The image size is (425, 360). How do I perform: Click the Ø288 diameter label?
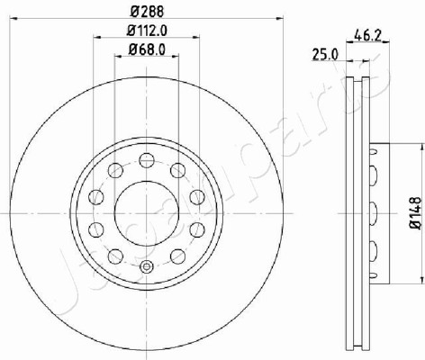(147, 12)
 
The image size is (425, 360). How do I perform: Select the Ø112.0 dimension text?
(147, 31)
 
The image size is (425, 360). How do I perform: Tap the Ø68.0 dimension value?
(147, 49)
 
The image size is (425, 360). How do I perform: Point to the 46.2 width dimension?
(367, 36)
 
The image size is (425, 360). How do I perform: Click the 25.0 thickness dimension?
(325, 55)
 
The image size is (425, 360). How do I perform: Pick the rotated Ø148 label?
(415, 213)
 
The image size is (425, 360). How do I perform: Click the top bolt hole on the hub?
(147, 160)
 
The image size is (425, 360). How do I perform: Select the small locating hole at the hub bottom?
(147, 266)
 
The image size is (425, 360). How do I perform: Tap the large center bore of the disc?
(147, 213)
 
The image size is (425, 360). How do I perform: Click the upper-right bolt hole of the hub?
(178, 170)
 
